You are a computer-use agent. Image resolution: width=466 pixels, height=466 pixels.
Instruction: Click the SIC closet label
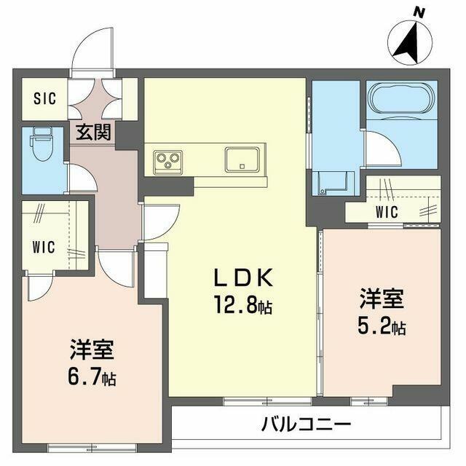pos(44,98)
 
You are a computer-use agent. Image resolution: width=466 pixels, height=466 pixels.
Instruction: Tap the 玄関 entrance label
pos(93,133)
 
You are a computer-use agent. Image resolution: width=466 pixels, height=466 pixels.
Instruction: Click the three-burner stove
pos(168,162)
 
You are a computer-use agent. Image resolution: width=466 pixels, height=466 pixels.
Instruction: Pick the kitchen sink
pos(242,159)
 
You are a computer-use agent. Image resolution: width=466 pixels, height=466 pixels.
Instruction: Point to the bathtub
pos(401,99)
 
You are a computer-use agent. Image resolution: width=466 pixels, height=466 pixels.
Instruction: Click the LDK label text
pos(243,277)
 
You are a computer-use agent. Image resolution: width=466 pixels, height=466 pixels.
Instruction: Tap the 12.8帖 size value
pos(243,305)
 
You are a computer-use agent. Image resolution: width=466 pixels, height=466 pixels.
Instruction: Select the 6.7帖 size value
pos(92,376)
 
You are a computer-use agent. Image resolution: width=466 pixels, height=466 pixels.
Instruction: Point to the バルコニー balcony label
pos(306,424)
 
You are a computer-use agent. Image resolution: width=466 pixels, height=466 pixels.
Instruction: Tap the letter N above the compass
pos(419,12)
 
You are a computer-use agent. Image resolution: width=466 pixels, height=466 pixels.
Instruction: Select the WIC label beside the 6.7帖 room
pos(44,247)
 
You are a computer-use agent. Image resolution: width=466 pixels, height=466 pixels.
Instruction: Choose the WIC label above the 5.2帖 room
pos(387,212)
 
